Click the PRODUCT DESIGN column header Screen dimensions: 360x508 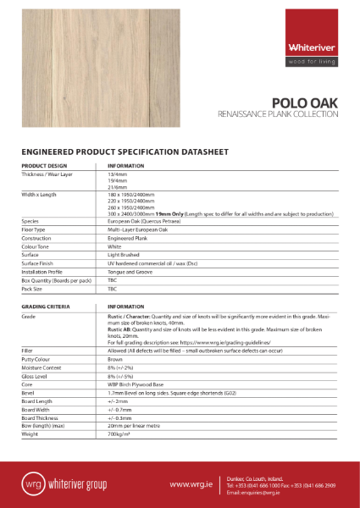(x=44, y=166)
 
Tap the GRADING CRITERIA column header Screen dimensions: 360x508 (x=46, y=306)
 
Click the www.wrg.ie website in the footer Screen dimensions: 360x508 (x=190, y=484)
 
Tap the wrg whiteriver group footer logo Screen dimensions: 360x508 (x=67, y=484)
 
